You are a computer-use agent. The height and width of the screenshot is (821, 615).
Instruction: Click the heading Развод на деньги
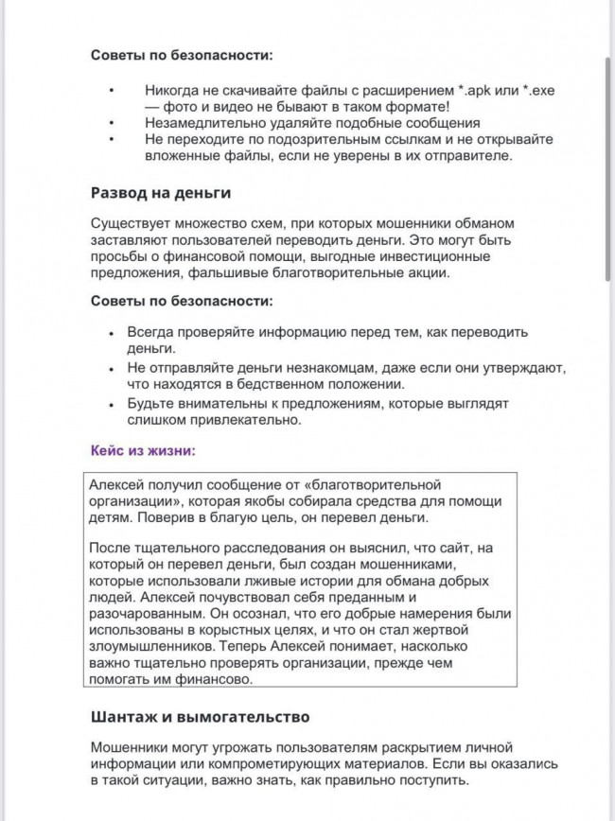pyautogui.click(x=161, y=192)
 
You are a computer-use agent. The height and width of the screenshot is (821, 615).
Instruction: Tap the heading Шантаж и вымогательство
pyautogui.click(x=200, y=717)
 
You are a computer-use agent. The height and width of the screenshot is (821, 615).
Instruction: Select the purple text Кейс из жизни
pyautogui.click(x=143, y=451)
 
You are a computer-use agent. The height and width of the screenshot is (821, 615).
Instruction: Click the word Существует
pyautogui.click(x=132, y=223)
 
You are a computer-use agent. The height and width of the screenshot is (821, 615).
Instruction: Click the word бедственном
pyautogui.click(x=280, y=383)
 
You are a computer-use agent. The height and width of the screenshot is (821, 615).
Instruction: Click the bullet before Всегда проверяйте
pyautogui.click(x=114, y=333)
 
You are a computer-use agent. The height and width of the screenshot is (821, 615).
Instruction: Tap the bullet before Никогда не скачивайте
pyautogui.click(x=114, y=90)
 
